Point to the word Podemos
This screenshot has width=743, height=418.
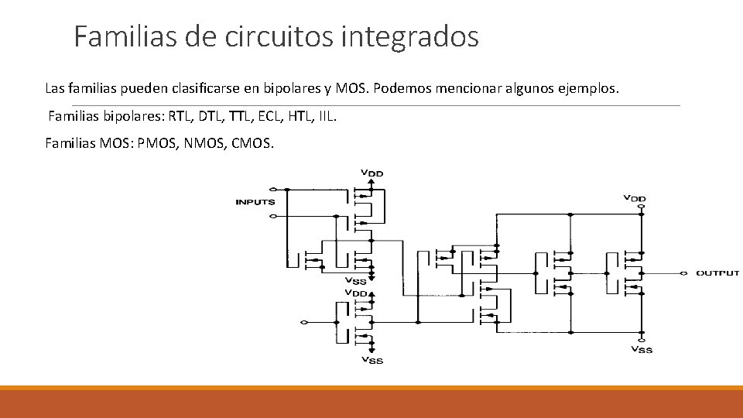(x=404, y=88)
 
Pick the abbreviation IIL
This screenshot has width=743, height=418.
(x=328, y=117)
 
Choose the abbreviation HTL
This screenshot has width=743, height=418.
(x=303, y=117)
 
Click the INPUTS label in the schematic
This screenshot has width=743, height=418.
(x=255, y=202)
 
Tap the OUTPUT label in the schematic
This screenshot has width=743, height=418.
(x=717, y=272)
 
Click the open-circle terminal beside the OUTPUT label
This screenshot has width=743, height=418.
(x=684, y=272)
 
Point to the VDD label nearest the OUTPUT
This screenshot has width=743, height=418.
(x=635, y=199)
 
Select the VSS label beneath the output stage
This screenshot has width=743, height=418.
(x=642, y=349)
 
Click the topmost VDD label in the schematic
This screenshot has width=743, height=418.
(x=372, y=172)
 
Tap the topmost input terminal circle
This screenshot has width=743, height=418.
(x=271, y=189)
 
